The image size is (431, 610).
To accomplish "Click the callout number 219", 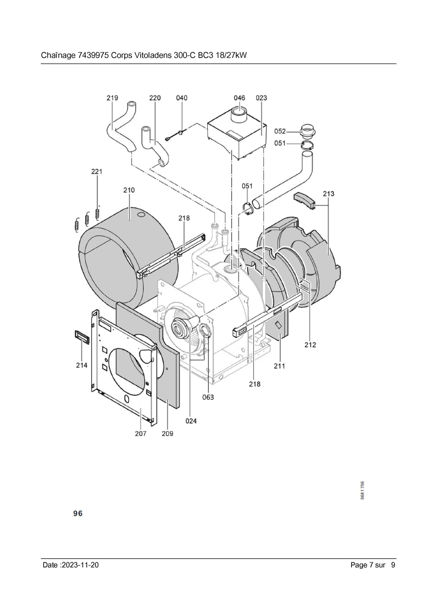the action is click(x=112, y=98).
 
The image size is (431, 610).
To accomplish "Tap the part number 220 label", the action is click(x=155, y=98).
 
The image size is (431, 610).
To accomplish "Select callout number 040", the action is click(x=182, y=98).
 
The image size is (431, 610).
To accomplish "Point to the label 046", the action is click(x=239, y=98).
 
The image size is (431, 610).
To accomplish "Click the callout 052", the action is click(x=280, y=131).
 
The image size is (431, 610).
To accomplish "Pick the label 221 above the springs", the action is click(x=97, y=172).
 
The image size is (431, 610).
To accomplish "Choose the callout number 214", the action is click(x=82, y=365).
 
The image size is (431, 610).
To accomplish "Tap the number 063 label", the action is click(x=208, y=397).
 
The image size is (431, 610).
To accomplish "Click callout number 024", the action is click(x=191, y=421).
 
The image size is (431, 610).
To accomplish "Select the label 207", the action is click(x=141, y=434).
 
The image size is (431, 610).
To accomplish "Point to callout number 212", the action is click(x=310, y=345).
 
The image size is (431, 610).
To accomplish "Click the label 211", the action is click(x=279, y=366).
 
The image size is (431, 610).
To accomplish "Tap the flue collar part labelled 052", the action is click(x=308, y=131).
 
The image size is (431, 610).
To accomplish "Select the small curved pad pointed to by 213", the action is click(x=304, y=201).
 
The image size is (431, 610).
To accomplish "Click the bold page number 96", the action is click(x=78, y=513).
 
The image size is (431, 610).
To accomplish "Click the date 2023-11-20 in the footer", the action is click(x=80, y=565).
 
